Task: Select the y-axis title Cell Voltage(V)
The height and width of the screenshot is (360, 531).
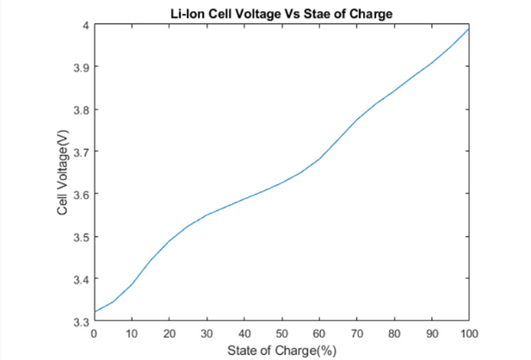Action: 63,173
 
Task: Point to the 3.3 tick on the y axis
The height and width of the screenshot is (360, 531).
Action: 77,321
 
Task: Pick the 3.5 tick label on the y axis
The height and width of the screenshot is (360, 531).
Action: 77,237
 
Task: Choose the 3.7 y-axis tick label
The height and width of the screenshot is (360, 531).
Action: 77,152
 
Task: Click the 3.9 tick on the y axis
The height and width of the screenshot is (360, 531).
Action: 77,67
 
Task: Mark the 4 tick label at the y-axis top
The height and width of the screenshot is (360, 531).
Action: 83,25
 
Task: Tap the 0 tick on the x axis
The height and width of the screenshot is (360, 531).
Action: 94,332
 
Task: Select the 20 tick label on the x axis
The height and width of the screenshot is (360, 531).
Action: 170,332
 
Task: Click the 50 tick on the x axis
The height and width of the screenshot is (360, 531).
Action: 281,332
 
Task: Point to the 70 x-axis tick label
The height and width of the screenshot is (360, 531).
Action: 356,332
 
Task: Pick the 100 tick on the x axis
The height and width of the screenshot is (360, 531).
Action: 469,332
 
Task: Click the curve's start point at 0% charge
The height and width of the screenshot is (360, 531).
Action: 95,311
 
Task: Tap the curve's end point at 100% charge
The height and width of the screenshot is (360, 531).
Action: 469,28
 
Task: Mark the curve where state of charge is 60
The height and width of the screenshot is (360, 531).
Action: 319,158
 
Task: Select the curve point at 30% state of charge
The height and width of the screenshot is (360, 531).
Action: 207,214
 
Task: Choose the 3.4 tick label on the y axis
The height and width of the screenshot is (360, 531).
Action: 77,279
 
